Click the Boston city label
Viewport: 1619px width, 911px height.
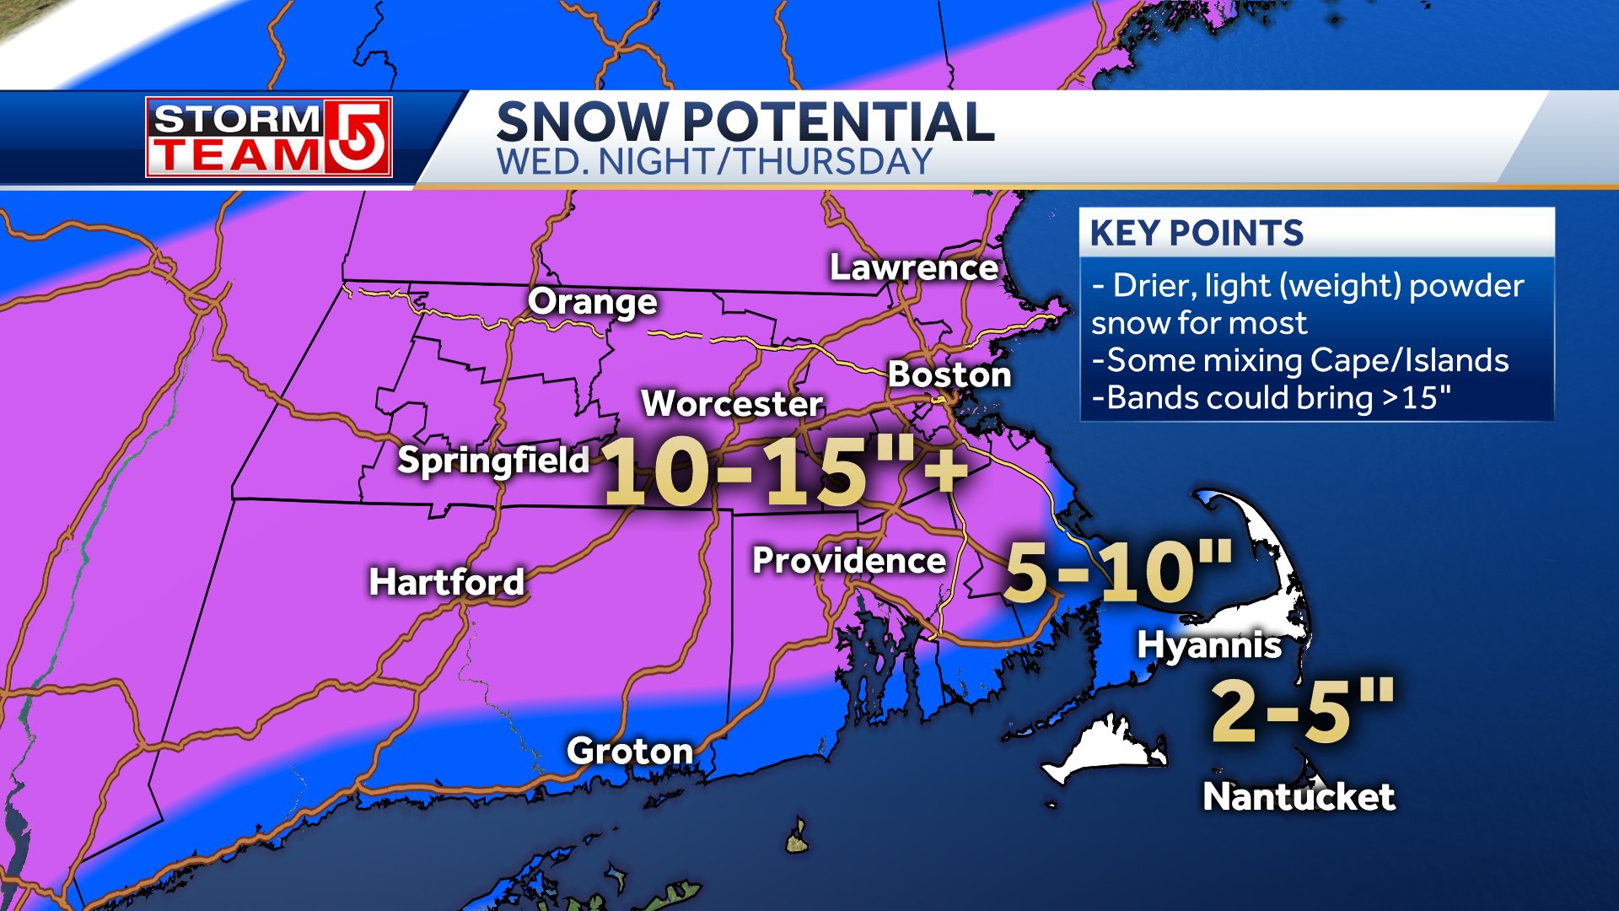click(x=949, y=375)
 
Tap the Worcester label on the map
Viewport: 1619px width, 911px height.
click(x=732, y=403)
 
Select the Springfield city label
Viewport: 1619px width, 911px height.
click(x=493, y=461)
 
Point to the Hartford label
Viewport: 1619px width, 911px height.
click(x=446, y=582)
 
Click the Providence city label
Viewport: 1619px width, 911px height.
click(x=849, y=561)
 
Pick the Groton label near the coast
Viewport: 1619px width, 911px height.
click(x=630, y=751)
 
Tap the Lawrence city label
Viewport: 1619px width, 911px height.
click(x=914, y=267)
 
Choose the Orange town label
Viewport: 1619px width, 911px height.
click(x=592, y=302)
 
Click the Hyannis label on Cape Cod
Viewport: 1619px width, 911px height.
click(x=1209, y=645)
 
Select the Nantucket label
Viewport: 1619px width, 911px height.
click(x=1299, y=797)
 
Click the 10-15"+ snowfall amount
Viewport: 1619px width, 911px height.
click(x=784, y=472)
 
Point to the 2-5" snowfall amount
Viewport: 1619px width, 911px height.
click(x=1303, y=710)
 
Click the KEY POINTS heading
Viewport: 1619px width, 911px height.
click(x=1197, y=233)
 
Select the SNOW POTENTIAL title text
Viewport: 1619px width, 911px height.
click(x=745, y=121)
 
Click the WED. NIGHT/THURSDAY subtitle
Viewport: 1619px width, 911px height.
click(x=714, y=162)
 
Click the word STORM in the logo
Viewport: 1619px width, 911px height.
click(x=237, y=119)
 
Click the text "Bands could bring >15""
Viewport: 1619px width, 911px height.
click(x=1272, y=398)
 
